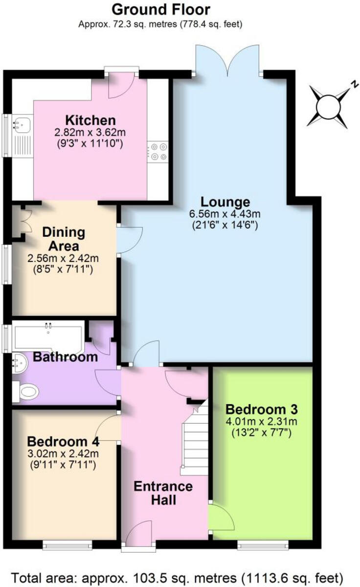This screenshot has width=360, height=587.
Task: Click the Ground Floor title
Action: [x=161, y=9]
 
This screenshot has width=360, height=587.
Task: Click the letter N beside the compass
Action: [x=351, y=84]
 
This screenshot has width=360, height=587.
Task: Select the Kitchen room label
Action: [x=91, y=120]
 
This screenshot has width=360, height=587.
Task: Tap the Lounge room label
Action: [x=225, y=202]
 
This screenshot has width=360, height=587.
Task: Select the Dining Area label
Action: [x=64, y=238]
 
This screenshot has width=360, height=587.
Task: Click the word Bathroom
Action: [x=65, y=357]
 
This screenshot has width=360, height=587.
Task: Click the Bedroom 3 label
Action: [x=262, y=408]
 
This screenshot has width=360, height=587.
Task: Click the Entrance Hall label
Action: [x=163, y=493]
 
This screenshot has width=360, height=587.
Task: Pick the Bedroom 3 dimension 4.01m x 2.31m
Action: [x=262, y=421]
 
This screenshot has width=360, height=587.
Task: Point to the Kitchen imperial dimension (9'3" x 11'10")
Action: [x=91, y=144]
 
